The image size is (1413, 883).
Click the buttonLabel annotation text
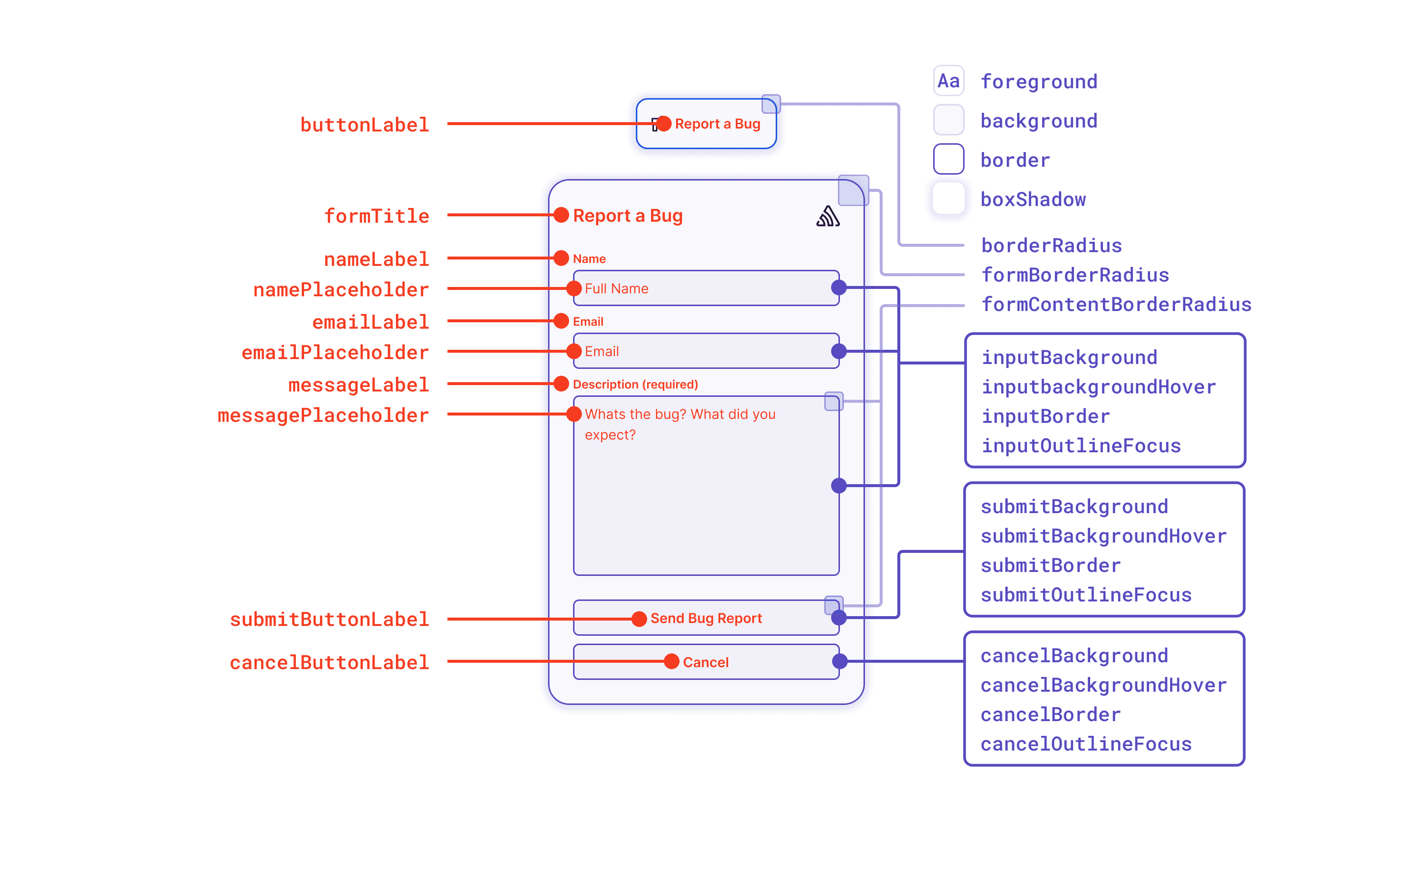tap(365, 125)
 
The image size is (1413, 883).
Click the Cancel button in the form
tap(706, 662)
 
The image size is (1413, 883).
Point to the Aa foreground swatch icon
tap(948, 80)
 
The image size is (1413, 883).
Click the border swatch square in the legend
tap(948, 159)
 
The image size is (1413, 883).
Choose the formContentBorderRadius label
tap(1116, 304)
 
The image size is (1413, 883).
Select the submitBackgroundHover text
tap(1103, 536)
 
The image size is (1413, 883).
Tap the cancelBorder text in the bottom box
tap(1050, 714)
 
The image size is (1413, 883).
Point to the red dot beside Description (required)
tap(561, 384)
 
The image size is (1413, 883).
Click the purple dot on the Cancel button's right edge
tap(839, 662)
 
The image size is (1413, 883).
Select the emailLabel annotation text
tap(370, 322)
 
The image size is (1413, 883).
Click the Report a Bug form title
tap(628, 215)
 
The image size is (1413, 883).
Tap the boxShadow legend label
tap(1033, 199)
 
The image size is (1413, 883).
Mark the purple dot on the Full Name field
tap(839, 287)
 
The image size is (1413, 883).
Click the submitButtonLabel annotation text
tap(329, 619)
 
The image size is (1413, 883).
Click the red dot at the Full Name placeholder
tap(574, 288)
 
